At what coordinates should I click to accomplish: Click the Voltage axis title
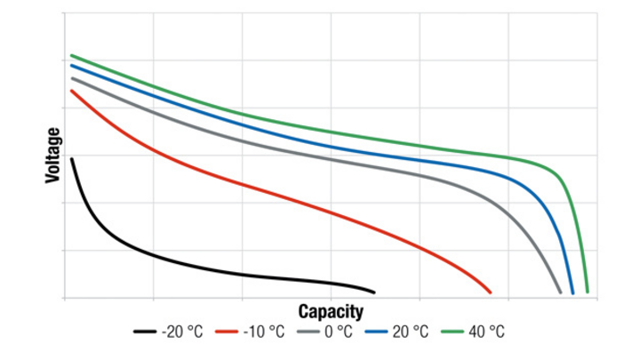tap(53, 156)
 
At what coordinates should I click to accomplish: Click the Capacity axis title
tap(331, 311)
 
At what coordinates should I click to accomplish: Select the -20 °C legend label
tap(182, 332)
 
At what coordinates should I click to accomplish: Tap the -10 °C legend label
tap(264, 332)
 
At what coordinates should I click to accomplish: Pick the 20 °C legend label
tap(410, 332)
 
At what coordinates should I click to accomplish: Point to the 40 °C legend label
tap(485, 332)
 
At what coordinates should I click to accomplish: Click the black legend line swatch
tap(146, 332)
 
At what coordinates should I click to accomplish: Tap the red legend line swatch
tap(229, 332)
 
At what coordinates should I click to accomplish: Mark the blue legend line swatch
tap(377, 332)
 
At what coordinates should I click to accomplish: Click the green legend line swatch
tap(452, 332)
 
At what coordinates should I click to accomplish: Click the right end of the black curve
tap(374, 292)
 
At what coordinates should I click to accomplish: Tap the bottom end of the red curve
tap(491, 292)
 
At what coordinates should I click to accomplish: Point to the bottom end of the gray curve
tap(561, 292)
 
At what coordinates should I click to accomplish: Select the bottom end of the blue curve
tap(572, 292)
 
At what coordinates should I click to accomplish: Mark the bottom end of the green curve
tap(587, 292)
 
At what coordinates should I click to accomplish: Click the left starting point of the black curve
tap(71, 158)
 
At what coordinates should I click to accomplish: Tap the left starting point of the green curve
tap(71, 55)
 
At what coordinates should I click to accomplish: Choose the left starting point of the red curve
tap(71, 91)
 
